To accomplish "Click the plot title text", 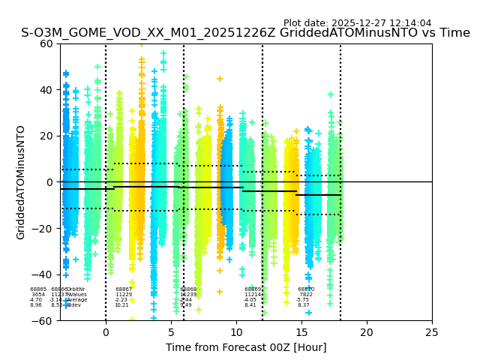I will click(245, 33).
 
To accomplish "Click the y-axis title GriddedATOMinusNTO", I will click(21, 182).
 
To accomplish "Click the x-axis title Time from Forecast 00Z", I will click(246, 347).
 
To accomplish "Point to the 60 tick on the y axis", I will click(46, 43).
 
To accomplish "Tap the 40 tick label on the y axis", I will click(46, 90).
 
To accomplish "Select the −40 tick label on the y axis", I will click(43, 274).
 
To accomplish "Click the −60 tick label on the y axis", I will click(43, 321).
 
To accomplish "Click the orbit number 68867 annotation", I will click(124, 289).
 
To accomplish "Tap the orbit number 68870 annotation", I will click(306, 289).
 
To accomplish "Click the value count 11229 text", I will click(124, 295).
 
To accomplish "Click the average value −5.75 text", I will click(303, 300).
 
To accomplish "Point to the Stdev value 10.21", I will click(121, 305).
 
